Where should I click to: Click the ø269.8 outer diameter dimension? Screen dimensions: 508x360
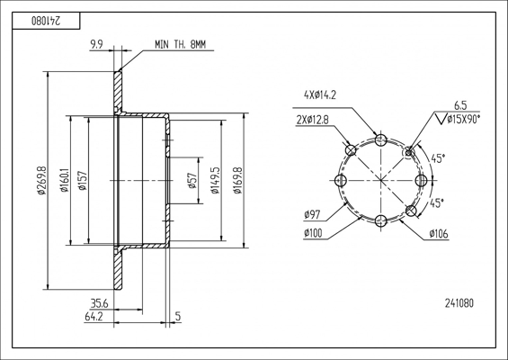[42, 181]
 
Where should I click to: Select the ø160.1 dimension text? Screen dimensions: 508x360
[65, 180]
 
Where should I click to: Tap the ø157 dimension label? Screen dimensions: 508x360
[84, 181]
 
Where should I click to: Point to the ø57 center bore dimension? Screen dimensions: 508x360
[192, 181]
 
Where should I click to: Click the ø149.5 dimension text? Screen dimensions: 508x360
[215, 181]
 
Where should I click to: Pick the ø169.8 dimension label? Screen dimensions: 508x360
[238, 181]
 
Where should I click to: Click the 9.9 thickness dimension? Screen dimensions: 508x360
[96, 44]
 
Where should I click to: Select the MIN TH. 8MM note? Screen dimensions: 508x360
[180, 44]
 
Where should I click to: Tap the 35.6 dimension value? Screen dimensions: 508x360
[99, 304]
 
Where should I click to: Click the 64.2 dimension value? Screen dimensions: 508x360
[94, 317]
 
